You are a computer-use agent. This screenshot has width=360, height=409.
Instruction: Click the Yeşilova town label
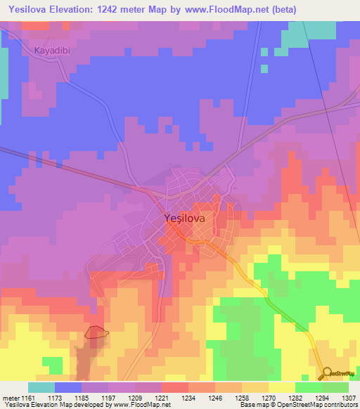(x=184, y=219)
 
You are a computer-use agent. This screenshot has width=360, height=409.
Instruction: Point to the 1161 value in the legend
(x=29, y=397)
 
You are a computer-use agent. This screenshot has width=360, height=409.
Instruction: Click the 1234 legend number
(x=188, y=397)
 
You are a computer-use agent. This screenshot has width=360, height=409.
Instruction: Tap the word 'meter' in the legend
(x=11, y=397)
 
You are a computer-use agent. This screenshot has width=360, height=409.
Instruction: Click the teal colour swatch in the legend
(x=41, y=387)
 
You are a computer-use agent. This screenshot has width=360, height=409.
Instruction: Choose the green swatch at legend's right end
(x=335, y=387)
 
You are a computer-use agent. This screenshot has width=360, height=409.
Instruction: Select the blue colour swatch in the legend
(x=68, y=387)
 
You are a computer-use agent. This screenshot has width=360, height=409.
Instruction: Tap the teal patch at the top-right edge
(x=320, y=29)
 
